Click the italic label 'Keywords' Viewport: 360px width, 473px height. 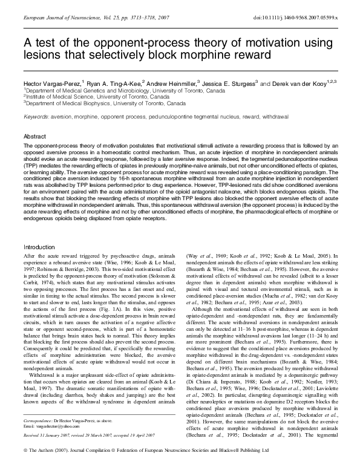click(x=36, y=115)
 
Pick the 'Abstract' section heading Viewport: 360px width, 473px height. click(x=34, y=137)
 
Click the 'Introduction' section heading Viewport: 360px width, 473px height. click(x=39, y=247)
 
